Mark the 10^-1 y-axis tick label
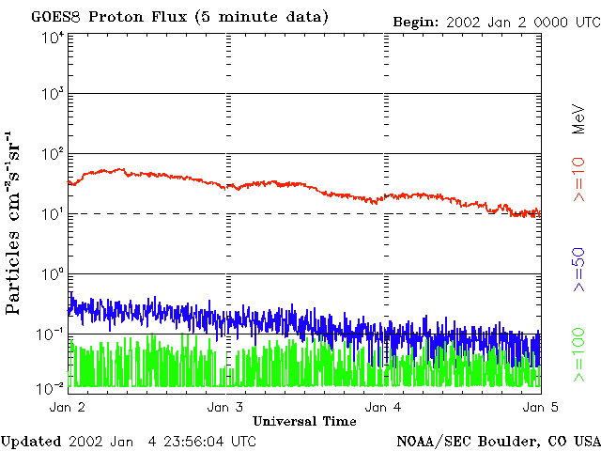(51, 334)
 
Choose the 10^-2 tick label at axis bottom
(51, 386)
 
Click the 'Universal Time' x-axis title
(304, 420)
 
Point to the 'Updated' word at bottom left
(31, 441)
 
